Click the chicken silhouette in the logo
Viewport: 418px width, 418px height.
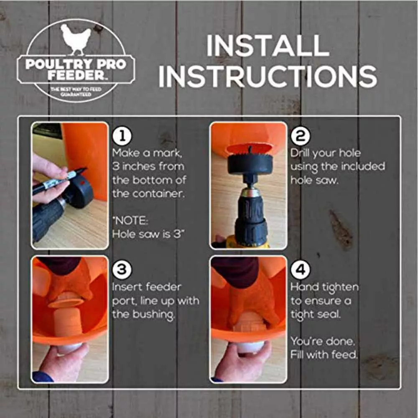coord(75,38)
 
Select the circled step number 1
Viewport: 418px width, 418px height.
coord(122,136)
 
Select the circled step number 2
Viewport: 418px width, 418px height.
coord(300,136)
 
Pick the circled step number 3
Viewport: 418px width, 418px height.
coord(122,270)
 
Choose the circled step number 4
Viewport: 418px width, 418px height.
coord(300,270)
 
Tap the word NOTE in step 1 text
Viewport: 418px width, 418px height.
coord(130,221)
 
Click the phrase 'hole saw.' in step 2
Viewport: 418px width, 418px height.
coord(314,181)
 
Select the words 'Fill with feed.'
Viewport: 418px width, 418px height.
coord(324,355)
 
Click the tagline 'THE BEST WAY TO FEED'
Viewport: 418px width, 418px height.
coord(76,89)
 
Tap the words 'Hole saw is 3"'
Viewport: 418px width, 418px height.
coord(148,234)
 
